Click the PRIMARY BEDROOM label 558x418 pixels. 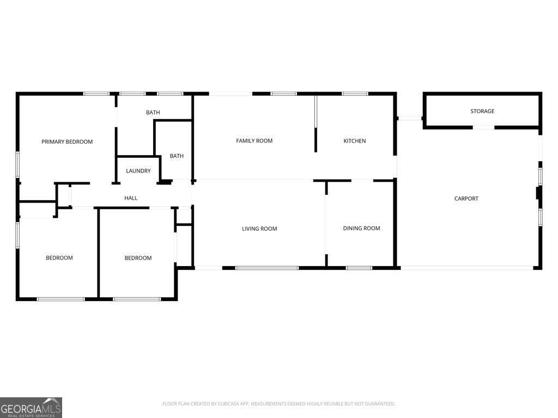point(67,142)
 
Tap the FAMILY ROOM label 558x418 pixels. point(254,141)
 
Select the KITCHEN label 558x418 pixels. point(354,141)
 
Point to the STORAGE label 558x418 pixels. point(482,112)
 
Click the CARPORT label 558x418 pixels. point(466,199)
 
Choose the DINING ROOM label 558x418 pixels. point(361,229)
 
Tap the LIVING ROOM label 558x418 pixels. point(259,229)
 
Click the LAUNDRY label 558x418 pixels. point(138,171)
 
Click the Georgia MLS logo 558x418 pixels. point(31,408)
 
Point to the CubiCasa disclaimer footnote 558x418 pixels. point(278,404)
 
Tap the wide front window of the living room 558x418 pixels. point(267,268)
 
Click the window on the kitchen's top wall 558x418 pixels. point(355,94)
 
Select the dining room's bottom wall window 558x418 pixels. point(359,268)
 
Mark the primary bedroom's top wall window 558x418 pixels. point(96,94)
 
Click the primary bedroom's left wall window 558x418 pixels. point(17,164)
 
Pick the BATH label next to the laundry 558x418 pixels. point(177,156)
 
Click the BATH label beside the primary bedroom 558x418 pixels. point(153,113)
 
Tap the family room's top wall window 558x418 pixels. point(284,94)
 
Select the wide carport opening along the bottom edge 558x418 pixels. point(467,268)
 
